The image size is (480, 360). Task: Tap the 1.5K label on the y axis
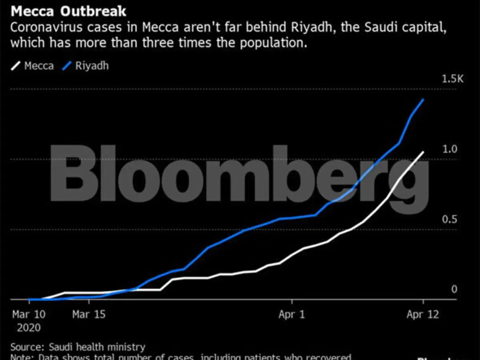(452, 79)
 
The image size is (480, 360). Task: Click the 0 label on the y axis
(454, 289)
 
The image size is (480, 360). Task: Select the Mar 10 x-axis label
(29, 314)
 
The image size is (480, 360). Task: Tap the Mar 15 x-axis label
(89, 314)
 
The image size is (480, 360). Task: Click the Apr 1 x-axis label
(292, 314)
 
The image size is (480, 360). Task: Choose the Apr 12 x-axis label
(423, 314)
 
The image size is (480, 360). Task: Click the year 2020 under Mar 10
(29, 328)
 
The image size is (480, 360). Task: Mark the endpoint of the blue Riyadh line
(423, 100)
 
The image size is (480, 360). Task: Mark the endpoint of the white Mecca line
(423, 152)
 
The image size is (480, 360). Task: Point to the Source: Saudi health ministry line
(78, 347)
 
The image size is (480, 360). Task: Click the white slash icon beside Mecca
(15, 66)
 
